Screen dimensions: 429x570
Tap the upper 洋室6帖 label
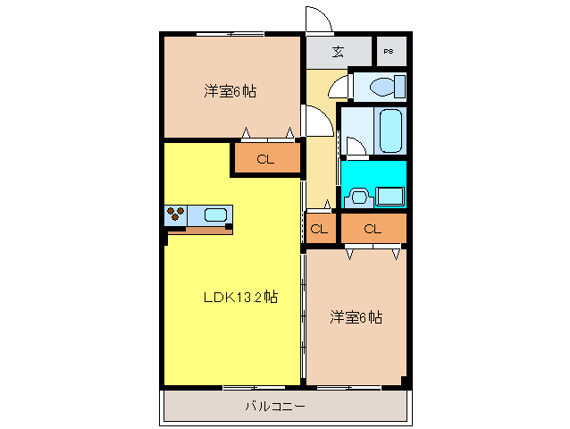pyautogui.click(x=231, y=90)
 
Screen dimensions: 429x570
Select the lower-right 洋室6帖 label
pyautogui.click(x=356, y=316)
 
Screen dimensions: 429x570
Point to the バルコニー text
pyautogui.click(x=276, y=407)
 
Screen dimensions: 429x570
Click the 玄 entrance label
pyautogui.click(x=339, y=51)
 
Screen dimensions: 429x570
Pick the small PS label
pyautogui.click(x=390, y=52)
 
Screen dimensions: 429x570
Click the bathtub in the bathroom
pyautogui.click(x=391, y=130)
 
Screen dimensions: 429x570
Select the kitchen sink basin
pyautogui.click(x=215, y=214)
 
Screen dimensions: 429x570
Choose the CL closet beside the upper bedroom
pyautogui.click(x=265, y=160)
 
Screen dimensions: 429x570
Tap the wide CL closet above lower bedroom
pyautogui.click(x=373, y=229)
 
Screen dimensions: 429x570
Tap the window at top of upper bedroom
pyautogui.click(x=230, y=34)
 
